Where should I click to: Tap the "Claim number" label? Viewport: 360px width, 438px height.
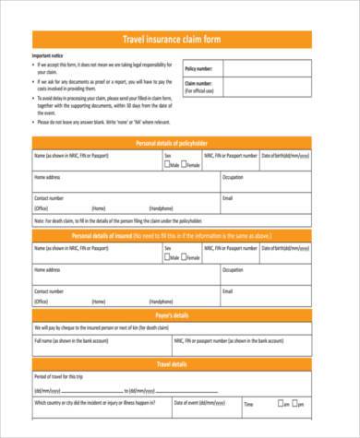click(199, 85)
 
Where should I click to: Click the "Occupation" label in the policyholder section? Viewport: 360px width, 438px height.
click(233, 176)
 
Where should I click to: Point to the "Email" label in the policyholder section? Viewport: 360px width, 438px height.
click(227, 197)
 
